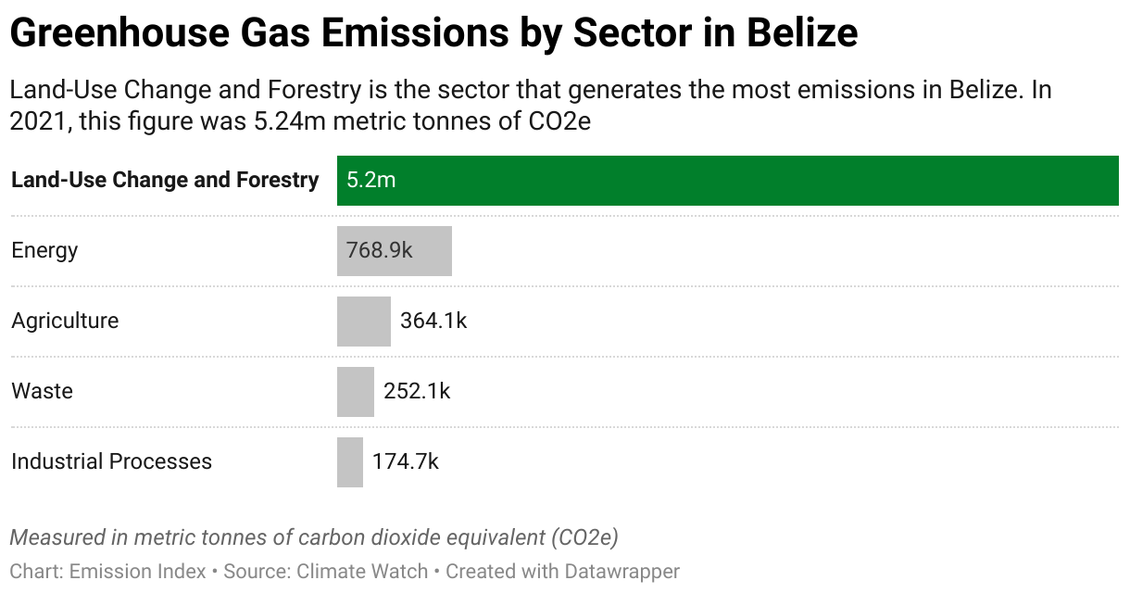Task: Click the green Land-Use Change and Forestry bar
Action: point(727,180)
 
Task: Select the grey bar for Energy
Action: point(394,250)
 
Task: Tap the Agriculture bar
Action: point(363,321)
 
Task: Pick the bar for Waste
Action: point(355,391)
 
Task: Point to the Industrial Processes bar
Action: point(349,461)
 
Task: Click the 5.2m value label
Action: point(370,180)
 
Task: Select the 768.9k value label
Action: point(379,250)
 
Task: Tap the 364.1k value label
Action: point(433,321)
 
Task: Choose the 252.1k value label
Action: point(417,391)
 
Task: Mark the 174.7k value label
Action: point(406,461)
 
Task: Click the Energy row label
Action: point(44,250)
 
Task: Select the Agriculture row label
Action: point(65,321)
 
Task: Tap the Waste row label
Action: point(42,391)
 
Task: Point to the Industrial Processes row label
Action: point(111,461)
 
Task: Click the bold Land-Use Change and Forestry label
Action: point(165,180)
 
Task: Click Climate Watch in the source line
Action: point(362,571)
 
